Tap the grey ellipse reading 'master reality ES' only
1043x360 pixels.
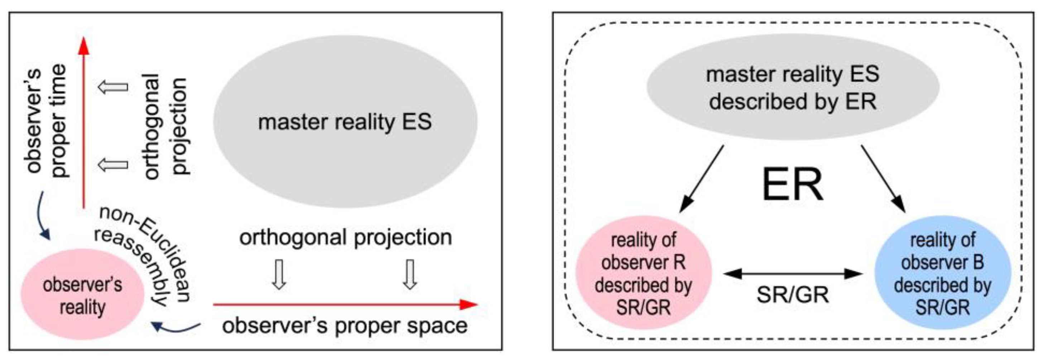(345, 121)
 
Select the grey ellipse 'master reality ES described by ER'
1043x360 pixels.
(792, 87)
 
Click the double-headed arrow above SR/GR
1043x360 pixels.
(792, 274)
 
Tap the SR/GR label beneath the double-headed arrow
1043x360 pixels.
(792, 294)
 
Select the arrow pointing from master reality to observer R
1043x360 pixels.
(702, 178)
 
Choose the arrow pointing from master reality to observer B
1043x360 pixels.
(883, 178)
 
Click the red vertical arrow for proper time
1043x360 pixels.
(84, 121)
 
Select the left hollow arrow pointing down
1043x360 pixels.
(279, 274)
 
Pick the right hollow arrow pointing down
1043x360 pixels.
(410, 274)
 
